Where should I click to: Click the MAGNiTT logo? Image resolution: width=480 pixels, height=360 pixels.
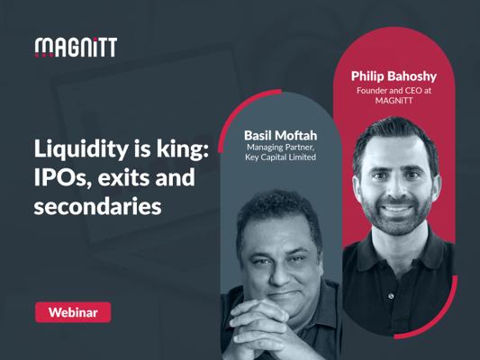76,48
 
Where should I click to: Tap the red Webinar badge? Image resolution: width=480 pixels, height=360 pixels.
73,312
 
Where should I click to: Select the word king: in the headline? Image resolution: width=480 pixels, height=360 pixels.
183,150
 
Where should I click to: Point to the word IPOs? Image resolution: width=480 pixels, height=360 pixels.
63,178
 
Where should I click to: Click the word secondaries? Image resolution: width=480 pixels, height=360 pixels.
97,206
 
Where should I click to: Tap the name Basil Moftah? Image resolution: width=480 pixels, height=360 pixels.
280,135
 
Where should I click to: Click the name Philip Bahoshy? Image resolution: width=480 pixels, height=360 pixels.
394,76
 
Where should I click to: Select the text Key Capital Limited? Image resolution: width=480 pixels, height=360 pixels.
280,157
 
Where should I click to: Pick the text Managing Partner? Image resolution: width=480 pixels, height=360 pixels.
280,148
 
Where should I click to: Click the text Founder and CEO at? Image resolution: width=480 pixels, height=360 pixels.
394,91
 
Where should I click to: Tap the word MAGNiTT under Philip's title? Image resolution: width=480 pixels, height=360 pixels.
394,100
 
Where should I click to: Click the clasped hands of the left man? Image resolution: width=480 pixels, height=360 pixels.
258,328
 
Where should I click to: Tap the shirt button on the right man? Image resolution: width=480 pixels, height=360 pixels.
391,296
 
